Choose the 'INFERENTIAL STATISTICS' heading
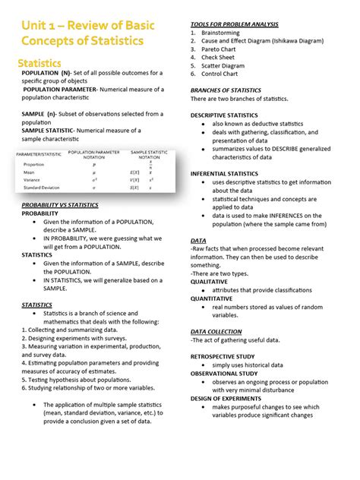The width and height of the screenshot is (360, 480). click(230, 174)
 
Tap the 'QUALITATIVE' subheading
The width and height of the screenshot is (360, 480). click(210, 282)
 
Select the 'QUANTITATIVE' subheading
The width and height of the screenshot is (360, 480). click(213, 298)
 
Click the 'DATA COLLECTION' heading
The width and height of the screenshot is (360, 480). click(216, 332)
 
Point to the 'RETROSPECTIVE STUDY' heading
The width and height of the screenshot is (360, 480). click(228, 356)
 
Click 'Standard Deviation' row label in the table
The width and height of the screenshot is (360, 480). click(43, 188)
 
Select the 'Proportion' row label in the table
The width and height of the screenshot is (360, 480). click(33, 164)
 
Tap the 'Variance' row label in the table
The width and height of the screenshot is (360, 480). click(33, 180)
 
